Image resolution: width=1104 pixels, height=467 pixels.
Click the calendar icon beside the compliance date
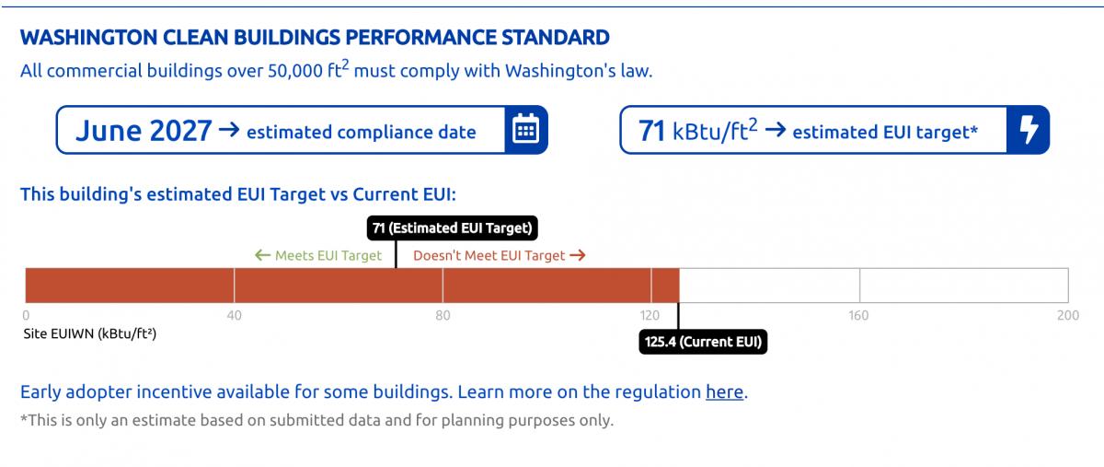pos(525,129)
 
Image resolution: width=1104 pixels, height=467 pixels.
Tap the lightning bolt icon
pos(1029,129)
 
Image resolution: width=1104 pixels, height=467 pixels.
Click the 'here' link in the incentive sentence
pos(724,391)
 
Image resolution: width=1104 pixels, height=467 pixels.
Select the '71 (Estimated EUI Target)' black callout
pos(453,228)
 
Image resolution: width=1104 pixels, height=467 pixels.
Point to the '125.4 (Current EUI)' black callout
pos(703,342)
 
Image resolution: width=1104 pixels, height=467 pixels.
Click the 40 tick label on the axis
pos(234,315)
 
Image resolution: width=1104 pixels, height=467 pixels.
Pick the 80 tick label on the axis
pos(443,315)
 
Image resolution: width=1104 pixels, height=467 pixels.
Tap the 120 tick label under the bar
pos(650,315)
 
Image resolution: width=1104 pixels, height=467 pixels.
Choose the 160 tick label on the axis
pos(858,315)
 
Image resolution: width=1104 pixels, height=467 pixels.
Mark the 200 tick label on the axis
pos(1068,315)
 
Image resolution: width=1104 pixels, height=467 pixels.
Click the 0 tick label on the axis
pos(26,315)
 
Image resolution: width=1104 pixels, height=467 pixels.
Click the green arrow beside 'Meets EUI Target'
pos(263,255)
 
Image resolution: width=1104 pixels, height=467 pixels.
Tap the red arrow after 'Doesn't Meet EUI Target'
pos(578,255)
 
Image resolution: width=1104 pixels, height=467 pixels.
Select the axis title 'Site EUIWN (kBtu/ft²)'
pos(90,334)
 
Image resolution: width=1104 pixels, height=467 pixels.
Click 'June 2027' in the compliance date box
pos(144,131)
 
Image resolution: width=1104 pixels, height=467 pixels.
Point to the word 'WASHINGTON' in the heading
pos(88,38)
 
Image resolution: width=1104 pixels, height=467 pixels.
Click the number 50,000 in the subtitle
pos(295,71)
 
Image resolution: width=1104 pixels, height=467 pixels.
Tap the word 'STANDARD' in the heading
pos(556,38)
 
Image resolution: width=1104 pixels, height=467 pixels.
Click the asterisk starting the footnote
pos(24,417)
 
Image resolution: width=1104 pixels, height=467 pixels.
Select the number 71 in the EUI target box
pos(652,131)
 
